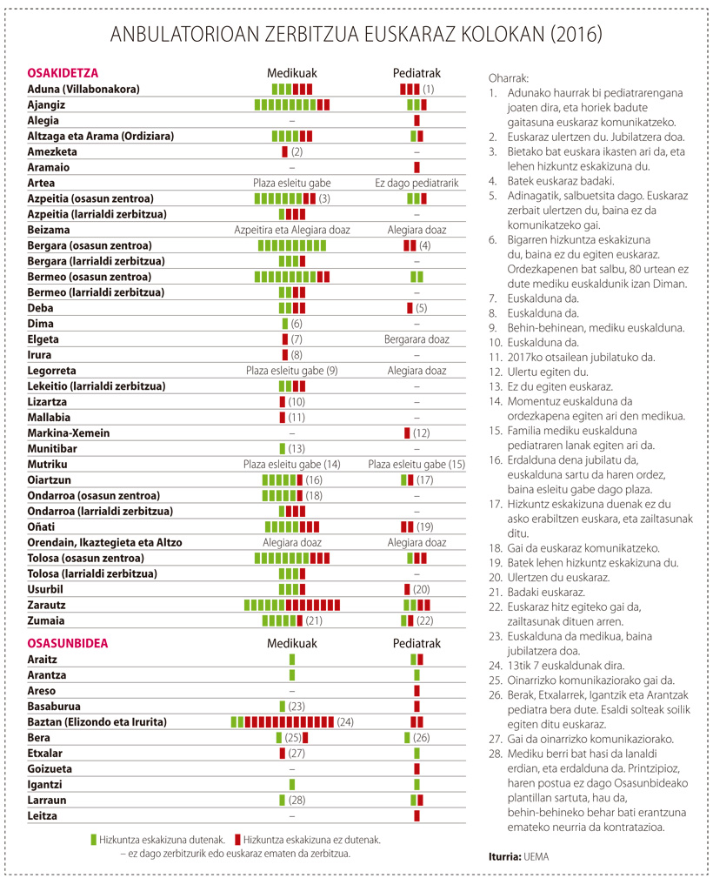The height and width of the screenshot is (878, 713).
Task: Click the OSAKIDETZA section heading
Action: (x=63, y=73)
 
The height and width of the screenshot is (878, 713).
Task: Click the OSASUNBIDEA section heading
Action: (x=68, y=643)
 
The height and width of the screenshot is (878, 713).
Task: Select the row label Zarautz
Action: (x=46, y=606)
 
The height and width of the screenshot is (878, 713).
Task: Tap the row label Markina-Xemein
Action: (x=69, y=432)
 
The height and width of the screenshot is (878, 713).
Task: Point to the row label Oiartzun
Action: (x=50, y=479)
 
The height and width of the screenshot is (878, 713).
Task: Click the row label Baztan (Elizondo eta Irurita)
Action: (x=97, y=721)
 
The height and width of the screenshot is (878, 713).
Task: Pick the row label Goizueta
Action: (x=50, y=769)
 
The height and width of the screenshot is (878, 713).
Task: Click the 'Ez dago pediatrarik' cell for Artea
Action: (x=416, y=183)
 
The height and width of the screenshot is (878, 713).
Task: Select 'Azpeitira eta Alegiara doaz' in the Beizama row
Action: (x=292, y=230)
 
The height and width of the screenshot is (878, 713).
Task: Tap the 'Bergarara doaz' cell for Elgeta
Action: (x=416, y=339)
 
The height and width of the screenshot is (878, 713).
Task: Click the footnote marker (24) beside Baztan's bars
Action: (x=344, y=722)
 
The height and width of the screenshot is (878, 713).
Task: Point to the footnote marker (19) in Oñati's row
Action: (x=425, y=527)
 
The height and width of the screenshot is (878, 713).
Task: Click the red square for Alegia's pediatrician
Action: (x=417, y=120)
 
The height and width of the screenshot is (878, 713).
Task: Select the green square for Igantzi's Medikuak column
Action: (x=292, y=785)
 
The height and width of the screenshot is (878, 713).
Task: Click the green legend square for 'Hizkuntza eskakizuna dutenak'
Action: (x=94, y=840)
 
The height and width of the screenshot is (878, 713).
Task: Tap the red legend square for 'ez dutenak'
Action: (x=238, y=840)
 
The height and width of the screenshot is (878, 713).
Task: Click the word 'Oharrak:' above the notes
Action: (x=508, y=78)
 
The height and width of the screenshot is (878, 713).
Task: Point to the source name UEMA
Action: (x=536, y=857)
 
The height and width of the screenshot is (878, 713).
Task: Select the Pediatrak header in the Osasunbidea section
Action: (x=416, y=643)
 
